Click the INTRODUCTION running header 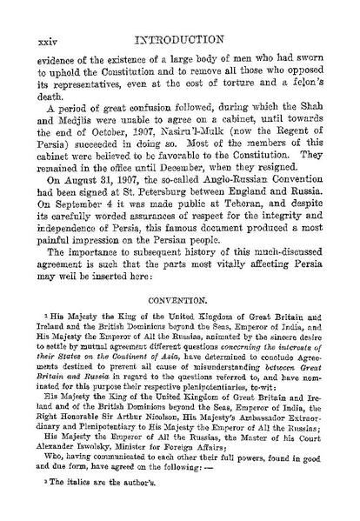179,16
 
